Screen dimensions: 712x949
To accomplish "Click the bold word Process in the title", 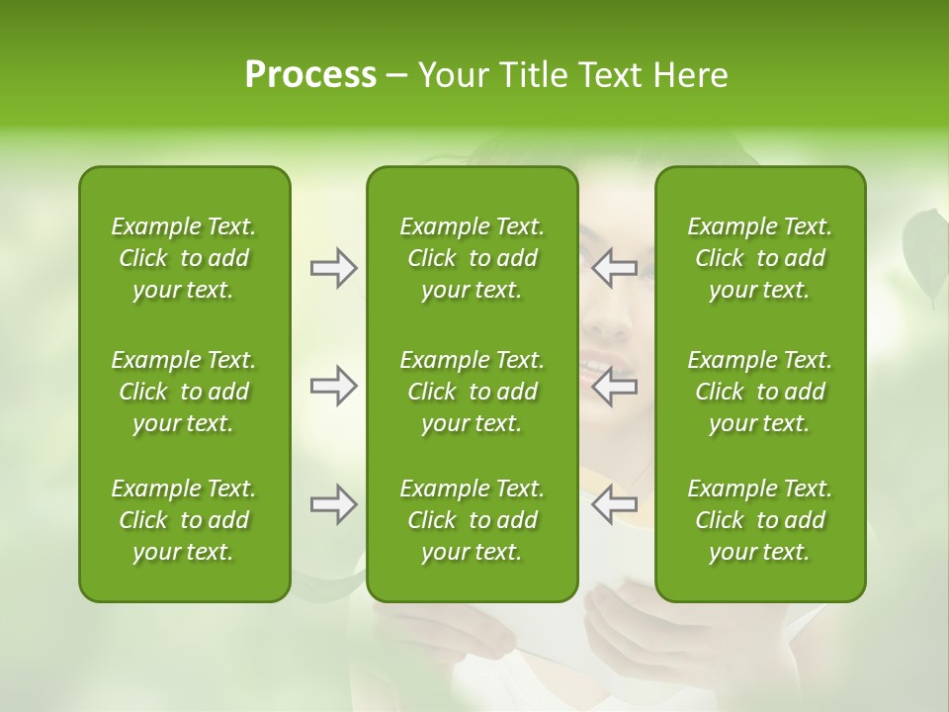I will click(x=310, y=75).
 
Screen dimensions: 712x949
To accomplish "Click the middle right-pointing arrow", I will click(x=334, y=386).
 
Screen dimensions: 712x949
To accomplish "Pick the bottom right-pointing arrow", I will click(x=334, y=505).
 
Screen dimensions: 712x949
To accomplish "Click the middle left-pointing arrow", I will click(x=614, y=386).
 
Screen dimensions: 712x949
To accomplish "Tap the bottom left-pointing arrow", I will click(x=614, y=505).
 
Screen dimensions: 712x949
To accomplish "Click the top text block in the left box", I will click(x=184, y=258).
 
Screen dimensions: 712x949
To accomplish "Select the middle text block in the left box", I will click(x=184, y=392).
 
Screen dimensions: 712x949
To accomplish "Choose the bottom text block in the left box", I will click(x=184, y=520).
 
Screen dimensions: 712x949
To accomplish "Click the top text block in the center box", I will click(x=473, y=258).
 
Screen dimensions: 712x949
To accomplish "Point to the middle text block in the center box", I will click(x=473, y=392).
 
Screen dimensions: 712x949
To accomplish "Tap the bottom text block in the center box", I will click(x=473, y=520).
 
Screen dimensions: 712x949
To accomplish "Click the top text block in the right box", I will click(x=760, y=258).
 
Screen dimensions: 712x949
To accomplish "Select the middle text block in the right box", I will click(x=760, y=392).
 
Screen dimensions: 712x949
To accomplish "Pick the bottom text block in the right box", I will click(x=760, y=520).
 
